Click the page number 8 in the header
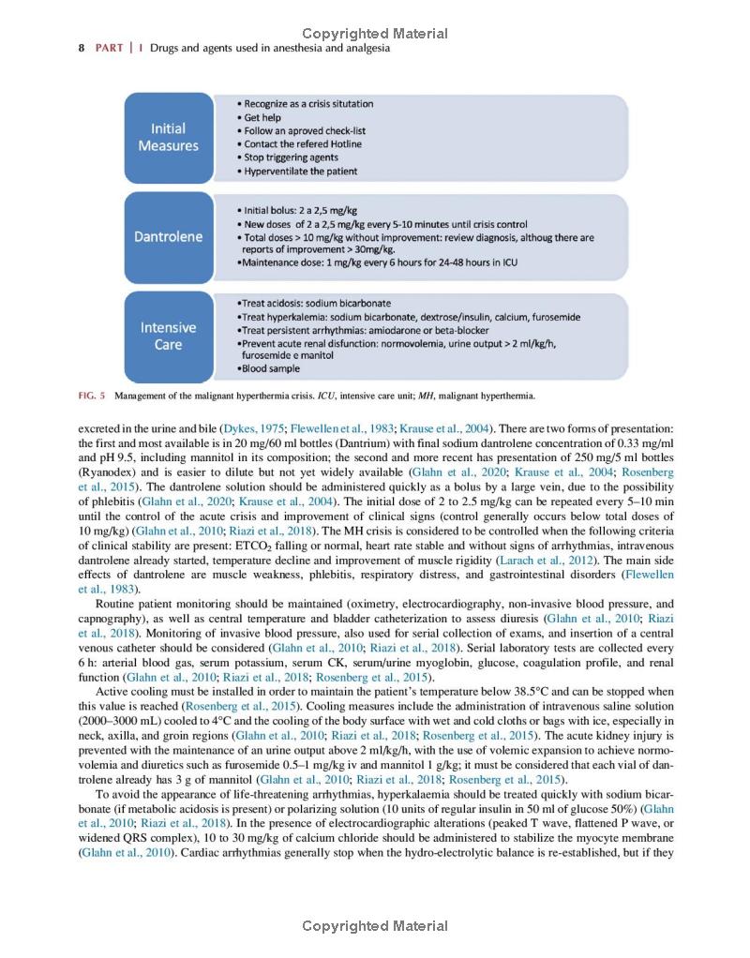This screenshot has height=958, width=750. click(x=82, y=49)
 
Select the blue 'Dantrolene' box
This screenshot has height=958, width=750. click(x=169, y=236)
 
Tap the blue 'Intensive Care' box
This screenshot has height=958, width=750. click(x=169, y=337)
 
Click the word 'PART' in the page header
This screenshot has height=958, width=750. click(x=109, y=49)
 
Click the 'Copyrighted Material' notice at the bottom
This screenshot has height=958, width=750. click(x=375, y=926)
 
